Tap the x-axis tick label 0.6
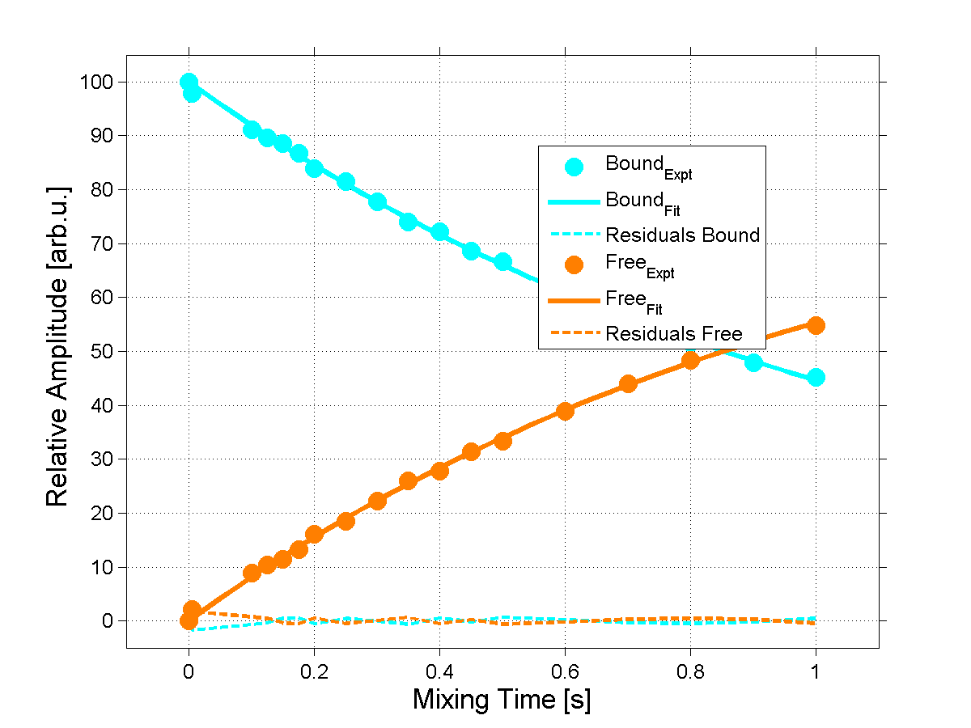[565, 671]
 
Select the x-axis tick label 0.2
[314, 671]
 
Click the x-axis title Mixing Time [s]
[502, 699]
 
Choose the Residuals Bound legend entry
[683, 235]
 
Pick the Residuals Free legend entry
[674, 333]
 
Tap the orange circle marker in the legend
[574, 265]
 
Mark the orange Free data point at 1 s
[816, 325]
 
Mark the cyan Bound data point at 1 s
[816, 377]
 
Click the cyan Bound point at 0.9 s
[753, 362]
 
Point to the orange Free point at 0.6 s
[565, 411]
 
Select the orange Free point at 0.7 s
[628, 383]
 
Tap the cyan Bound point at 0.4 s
[439, 232]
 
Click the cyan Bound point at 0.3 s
[377, 201]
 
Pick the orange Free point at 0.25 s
[346, 521]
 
